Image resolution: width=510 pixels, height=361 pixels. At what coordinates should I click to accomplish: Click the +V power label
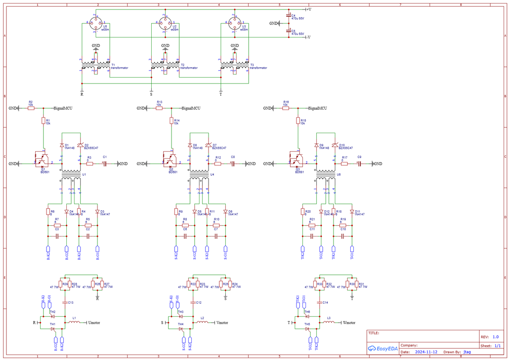tap(308, 9)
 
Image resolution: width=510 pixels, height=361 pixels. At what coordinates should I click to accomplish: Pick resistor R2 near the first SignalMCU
tap(31, 108)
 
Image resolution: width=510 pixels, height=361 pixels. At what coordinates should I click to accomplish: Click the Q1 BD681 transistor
tap(42, 160)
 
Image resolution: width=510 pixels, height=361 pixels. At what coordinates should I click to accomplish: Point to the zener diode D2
tap(80, 145)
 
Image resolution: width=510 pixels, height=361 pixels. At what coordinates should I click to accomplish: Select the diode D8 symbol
tap(190, 145)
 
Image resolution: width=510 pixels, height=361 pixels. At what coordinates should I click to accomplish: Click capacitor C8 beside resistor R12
tap(233, 164)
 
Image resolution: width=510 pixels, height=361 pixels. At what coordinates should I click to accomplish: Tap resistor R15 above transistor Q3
tap(298, 120)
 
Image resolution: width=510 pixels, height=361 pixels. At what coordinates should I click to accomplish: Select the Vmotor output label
tap(223, 323)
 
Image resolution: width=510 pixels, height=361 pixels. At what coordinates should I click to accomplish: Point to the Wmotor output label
tap(349, 323)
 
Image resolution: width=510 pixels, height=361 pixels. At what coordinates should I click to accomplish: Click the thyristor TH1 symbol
tap(53, 329)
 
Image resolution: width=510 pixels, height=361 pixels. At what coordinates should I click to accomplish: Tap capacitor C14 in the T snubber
tap(320, 302)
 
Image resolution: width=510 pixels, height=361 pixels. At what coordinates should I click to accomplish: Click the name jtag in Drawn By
tap(467, 352)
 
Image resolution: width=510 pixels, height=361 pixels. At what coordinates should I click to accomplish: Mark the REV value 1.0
tap(495, 337)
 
